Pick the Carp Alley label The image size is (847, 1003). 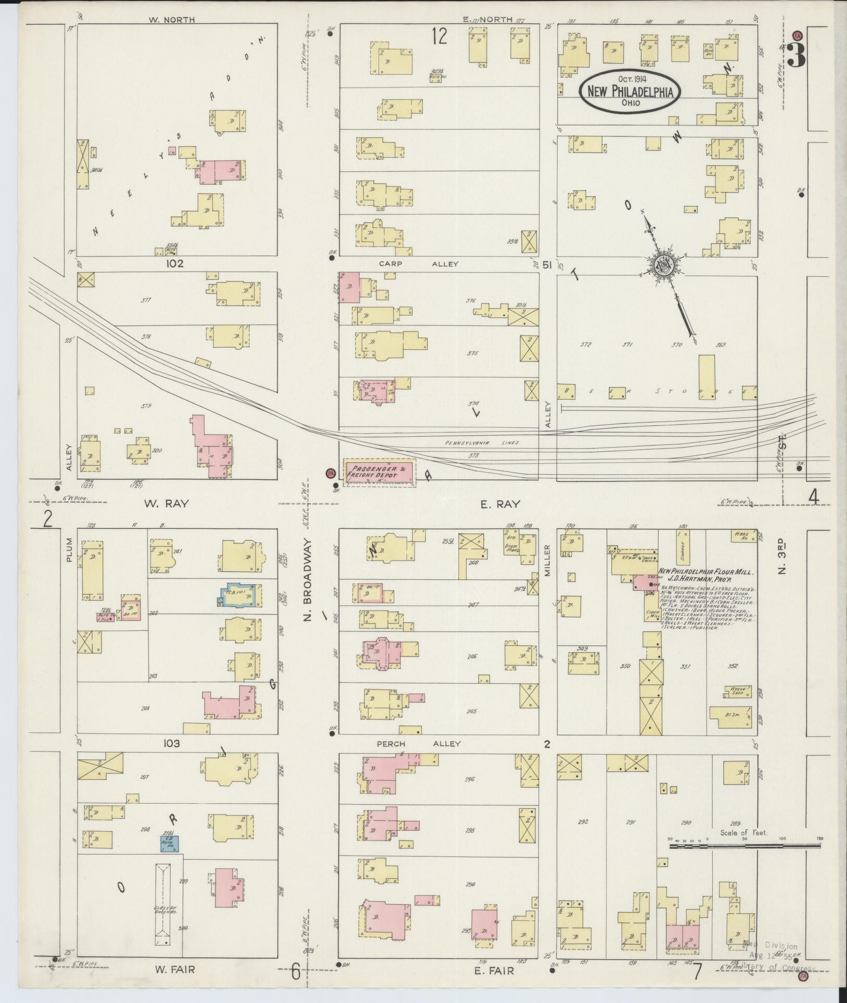418,264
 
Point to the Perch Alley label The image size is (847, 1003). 419,743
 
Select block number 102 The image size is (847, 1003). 175,264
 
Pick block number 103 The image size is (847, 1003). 171,744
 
